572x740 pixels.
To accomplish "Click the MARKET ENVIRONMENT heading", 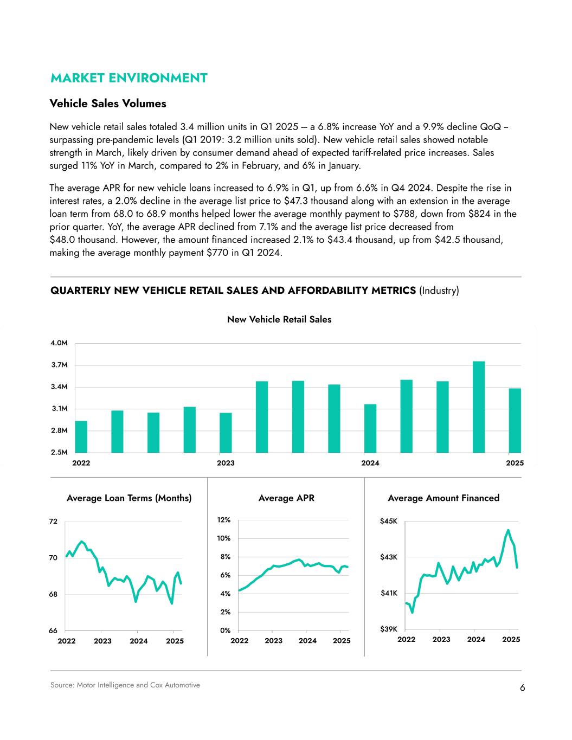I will click(x=128, y=78).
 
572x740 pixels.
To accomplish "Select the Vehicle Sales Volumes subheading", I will click(x=108, y=103).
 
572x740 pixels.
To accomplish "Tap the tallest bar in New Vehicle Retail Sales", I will click(x=479, y=407).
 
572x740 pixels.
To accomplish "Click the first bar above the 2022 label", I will click(x=81, y=436).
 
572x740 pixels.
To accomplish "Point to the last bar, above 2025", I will click(x=515, y=420).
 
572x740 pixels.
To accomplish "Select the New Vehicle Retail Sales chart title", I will click(x=279, y=319).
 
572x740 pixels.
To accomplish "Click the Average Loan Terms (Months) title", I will click(x=129, y=498).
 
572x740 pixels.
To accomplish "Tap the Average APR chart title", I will click(x=286, y=498).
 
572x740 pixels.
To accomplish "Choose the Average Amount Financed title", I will click(x=444, y=498).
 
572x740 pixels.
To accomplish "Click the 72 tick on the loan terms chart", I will click(x=53, y=522).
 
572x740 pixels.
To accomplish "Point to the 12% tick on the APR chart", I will click(x=224, y=520).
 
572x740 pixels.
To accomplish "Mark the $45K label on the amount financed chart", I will click(x=389, y=522).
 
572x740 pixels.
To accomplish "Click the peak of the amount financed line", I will click(x=508, y=530).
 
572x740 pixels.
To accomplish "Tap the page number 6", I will click(x=522, y=688).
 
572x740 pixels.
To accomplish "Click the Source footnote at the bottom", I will click(x=125, y=685).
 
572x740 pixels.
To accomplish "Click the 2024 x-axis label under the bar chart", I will click(x=370, y=463).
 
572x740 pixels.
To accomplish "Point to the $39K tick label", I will click(x=389, y=629).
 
